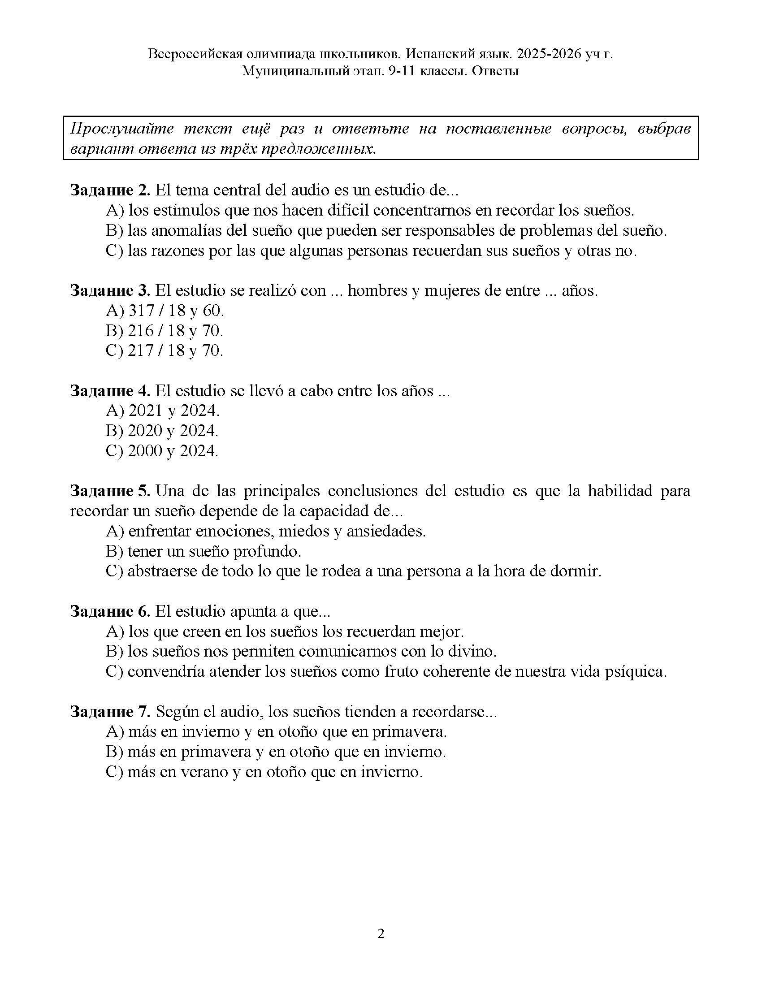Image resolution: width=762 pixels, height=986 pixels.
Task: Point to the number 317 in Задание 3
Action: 141,311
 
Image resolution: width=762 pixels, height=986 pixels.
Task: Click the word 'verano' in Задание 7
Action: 203,772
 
